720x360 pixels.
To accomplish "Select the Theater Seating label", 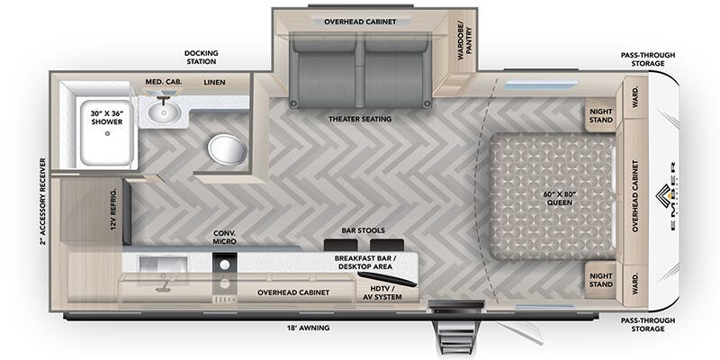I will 362,119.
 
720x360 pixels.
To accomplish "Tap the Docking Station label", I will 202,58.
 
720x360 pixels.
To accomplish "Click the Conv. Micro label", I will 224,237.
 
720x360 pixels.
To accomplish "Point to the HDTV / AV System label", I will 380,292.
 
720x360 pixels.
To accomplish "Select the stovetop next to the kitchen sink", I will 223,275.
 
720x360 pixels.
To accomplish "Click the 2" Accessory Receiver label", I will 42,202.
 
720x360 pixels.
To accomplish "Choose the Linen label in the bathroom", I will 214,83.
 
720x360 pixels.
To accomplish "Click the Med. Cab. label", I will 164,83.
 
